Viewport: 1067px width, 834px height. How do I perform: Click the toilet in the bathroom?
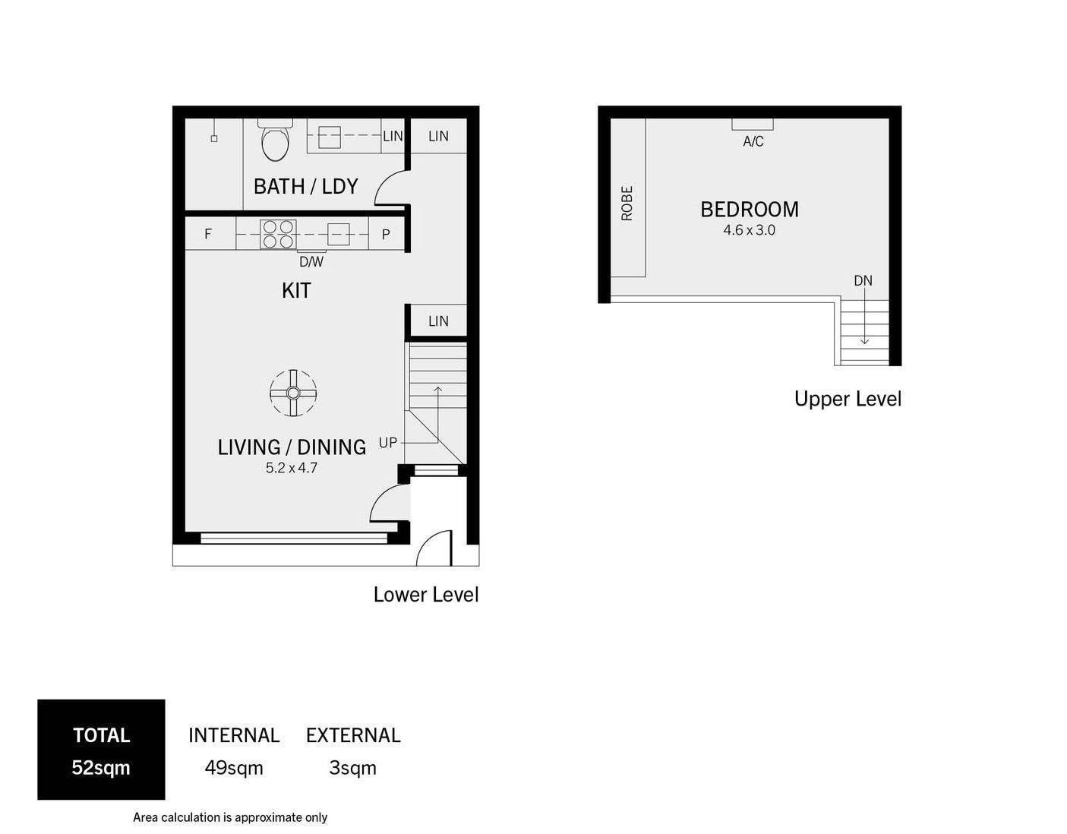(275, 141)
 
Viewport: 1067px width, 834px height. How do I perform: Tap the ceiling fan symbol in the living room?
(293, 393)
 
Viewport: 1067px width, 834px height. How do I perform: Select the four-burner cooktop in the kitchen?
(277, 234)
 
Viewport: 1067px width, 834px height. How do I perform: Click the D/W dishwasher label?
(311, 262)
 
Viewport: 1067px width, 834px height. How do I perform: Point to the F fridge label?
(208, 235)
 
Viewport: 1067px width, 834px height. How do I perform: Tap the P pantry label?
(386, 235)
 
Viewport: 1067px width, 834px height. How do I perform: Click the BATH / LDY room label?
(305, 186)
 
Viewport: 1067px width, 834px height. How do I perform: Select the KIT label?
(296, 290)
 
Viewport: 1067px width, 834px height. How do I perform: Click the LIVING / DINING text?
(292, 447)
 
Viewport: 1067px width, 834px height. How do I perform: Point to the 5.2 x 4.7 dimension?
(292, 468)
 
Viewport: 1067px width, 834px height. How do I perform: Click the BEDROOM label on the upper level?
(750, 209)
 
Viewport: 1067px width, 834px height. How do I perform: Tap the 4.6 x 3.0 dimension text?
(750, 230)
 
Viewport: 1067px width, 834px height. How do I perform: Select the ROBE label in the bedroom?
(627, 204)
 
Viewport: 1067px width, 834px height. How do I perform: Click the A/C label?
(753, 142)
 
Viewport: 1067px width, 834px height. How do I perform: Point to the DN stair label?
(863, 281)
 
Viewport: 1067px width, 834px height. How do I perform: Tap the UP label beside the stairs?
(388, 442)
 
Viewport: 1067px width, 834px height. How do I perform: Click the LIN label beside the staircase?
(438, 321)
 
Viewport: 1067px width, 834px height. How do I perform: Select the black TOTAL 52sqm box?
(101, 750)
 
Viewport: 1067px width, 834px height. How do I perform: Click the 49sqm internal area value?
(234, 768)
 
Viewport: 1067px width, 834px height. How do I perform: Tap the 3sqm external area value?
(353, 768)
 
